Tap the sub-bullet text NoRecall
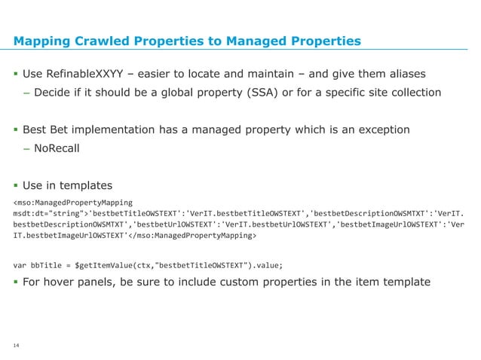57,148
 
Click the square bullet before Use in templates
16,185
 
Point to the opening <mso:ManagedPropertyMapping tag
73,203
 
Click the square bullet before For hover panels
16,282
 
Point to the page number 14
16,346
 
